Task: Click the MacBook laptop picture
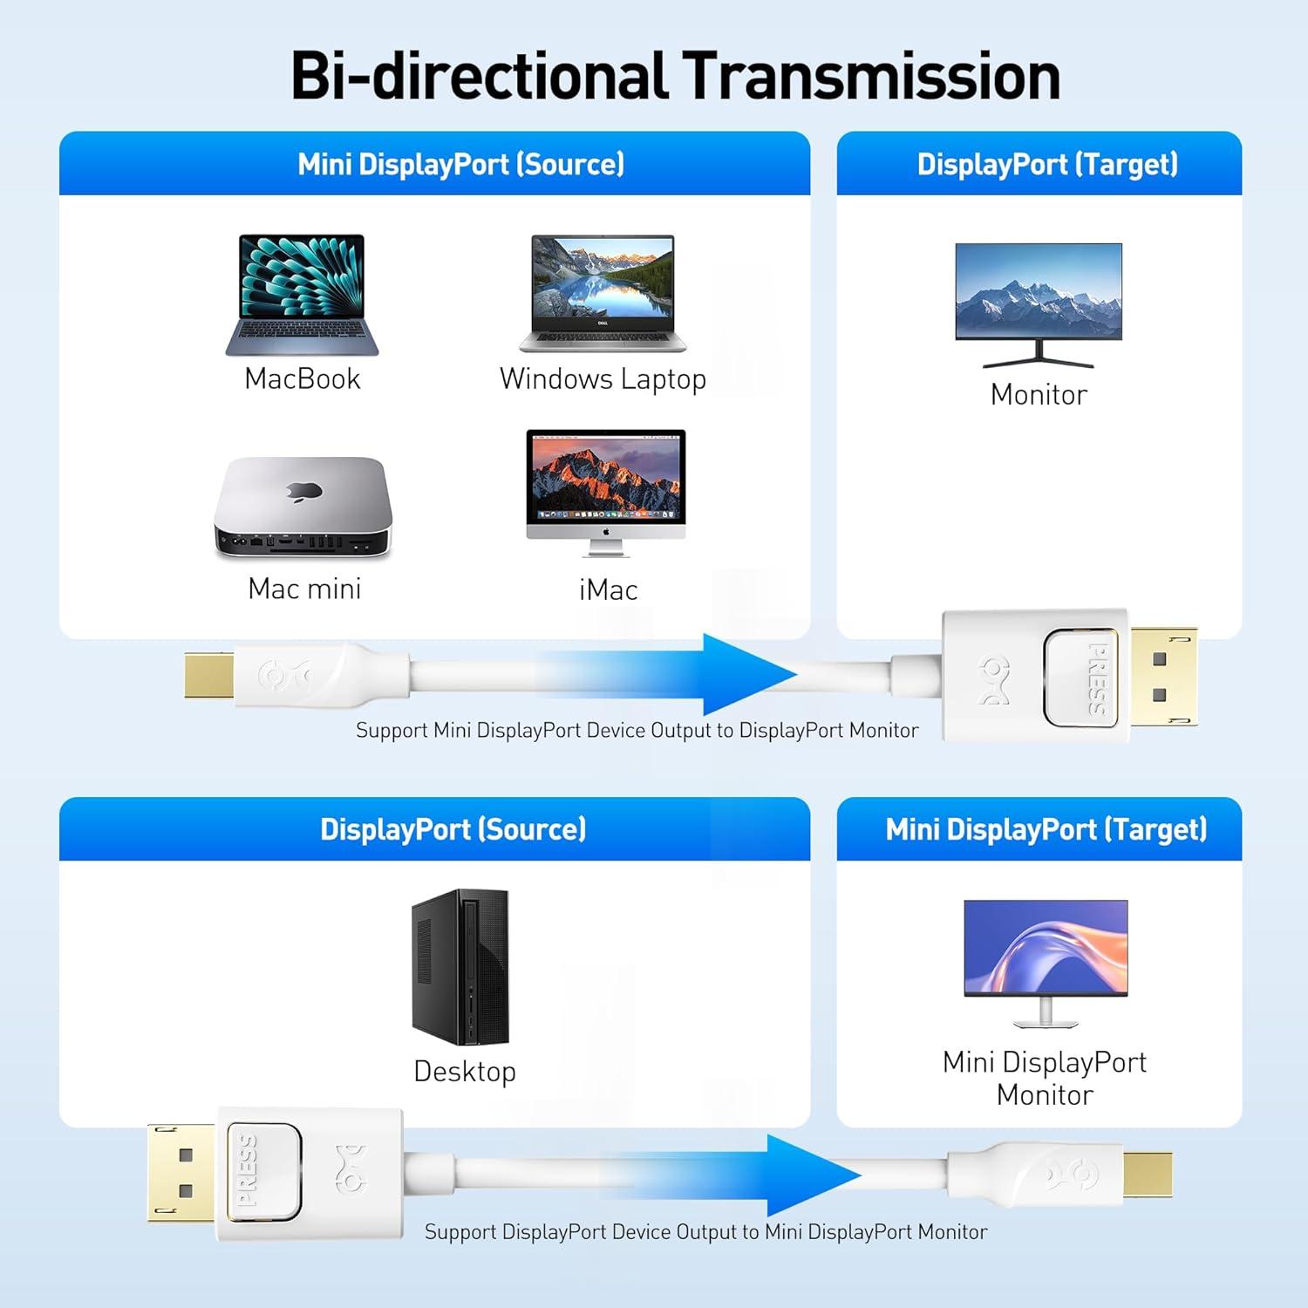303,294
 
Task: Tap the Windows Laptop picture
603,293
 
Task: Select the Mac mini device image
303,508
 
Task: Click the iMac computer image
606,491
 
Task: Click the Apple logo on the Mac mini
304,491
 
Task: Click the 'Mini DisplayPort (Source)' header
461,164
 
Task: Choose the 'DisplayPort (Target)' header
1047,164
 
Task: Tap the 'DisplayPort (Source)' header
453,828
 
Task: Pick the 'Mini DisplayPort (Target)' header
1046,828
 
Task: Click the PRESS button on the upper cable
1087,677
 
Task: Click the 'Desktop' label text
465,1071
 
